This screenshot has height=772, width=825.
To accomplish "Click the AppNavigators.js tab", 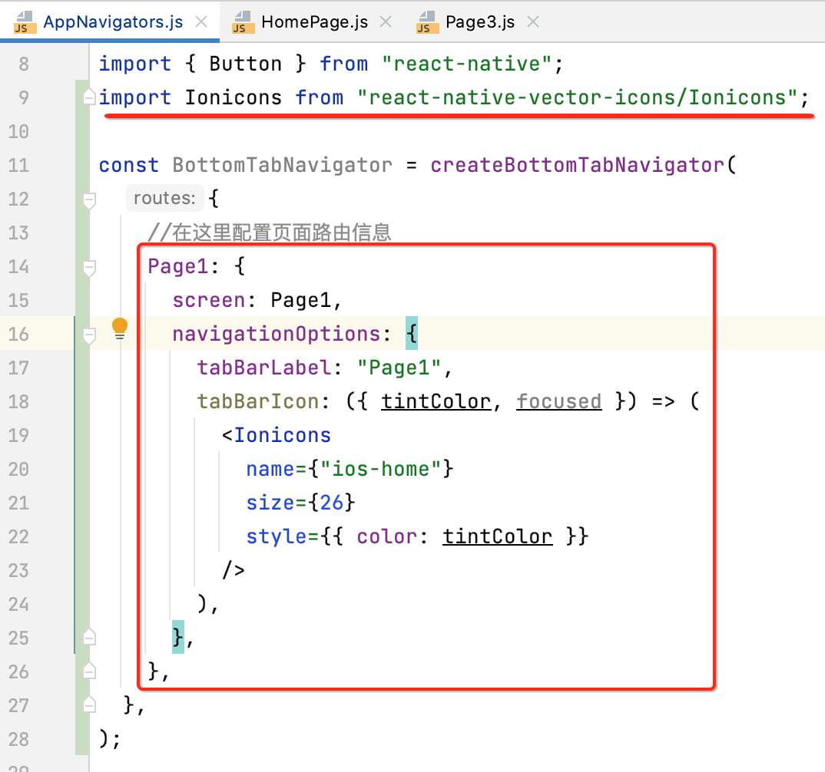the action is (x=113, y=21).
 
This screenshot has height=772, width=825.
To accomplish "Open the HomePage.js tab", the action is (x=314, y=21).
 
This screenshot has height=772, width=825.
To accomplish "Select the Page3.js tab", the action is (x=479, y=21).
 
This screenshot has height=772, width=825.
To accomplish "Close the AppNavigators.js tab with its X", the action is (x=202, y=21).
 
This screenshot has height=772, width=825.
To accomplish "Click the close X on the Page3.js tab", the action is (x=533, y=21).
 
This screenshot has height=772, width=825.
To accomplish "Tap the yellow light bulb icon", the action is (x=120, y=329).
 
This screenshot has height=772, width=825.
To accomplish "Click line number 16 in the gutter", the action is (x=19, y=334).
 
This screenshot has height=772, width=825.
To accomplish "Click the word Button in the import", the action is (x=246, y=64).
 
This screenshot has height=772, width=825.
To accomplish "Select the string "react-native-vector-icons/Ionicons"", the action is (x=581, y=97).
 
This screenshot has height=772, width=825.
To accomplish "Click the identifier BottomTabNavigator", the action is (x=283, y=165).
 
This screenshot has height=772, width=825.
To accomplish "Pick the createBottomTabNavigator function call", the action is (x=577, y=165).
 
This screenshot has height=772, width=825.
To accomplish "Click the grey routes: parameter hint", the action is (x=164, y=199).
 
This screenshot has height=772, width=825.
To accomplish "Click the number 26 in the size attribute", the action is (x=333, y=503).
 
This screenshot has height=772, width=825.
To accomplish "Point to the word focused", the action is (x=558, y=401).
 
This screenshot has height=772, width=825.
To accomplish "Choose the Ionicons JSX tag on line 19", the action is (x=283, y=435).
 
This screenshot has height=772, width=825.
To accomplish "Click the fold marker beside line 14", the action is (x=90, y=267).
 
